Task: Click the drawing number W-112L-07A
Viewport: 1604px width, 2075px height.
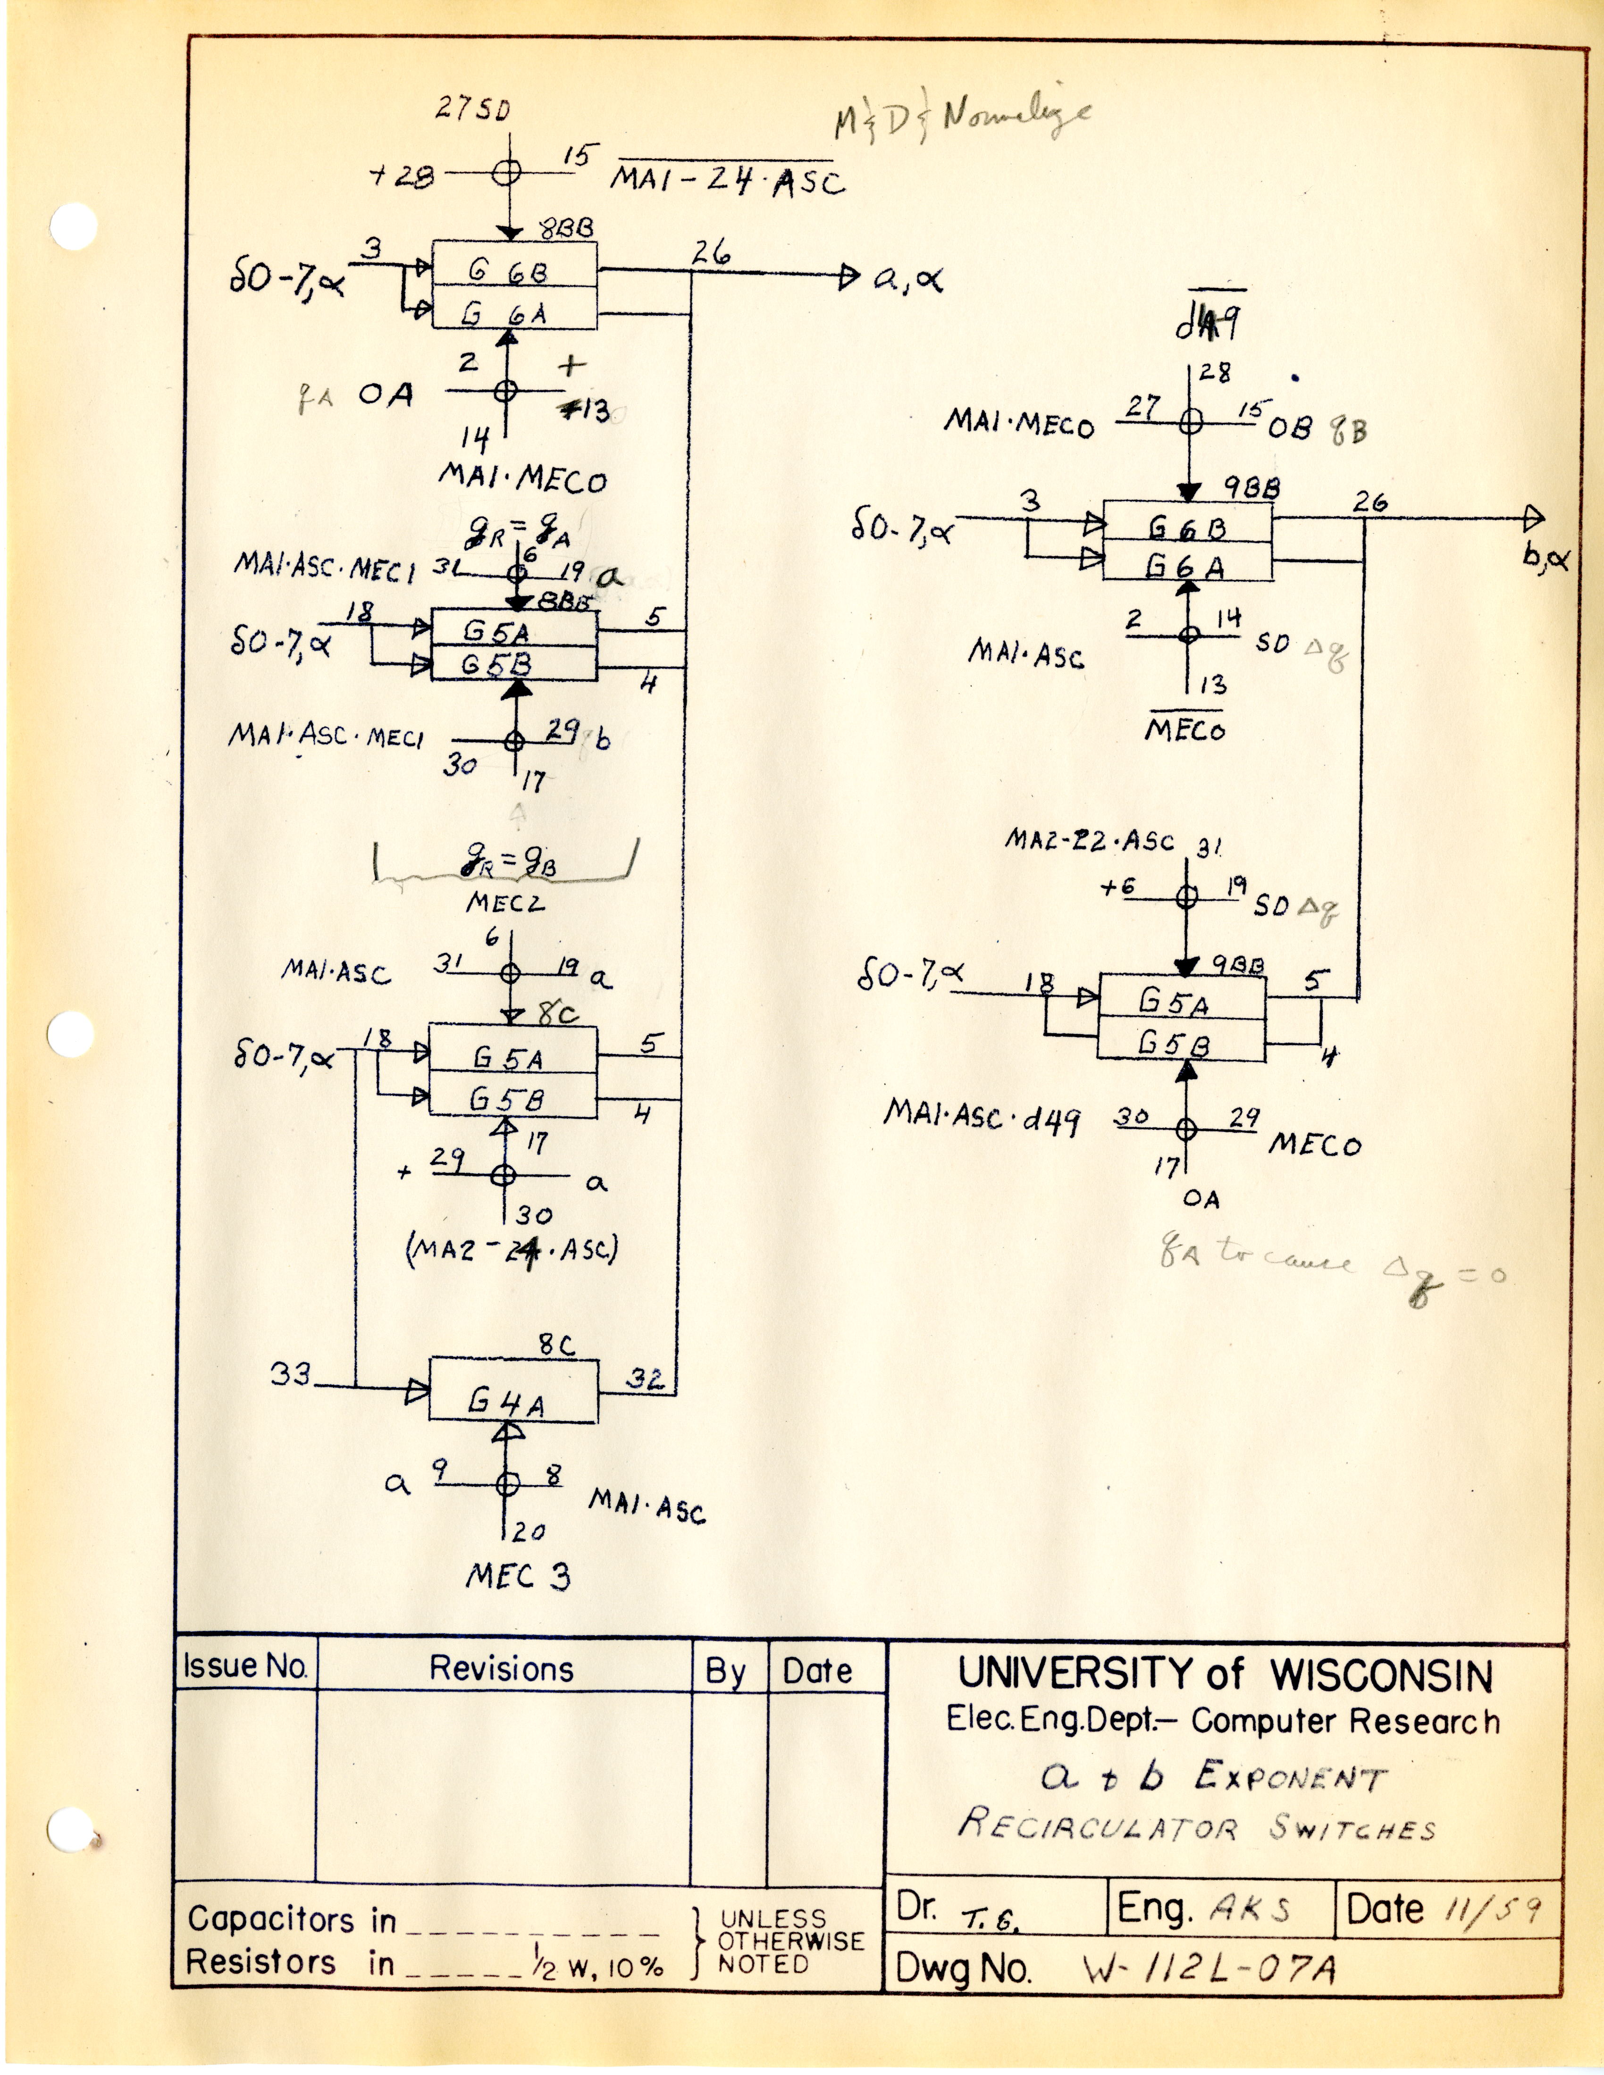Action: coord(1209,1969)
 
